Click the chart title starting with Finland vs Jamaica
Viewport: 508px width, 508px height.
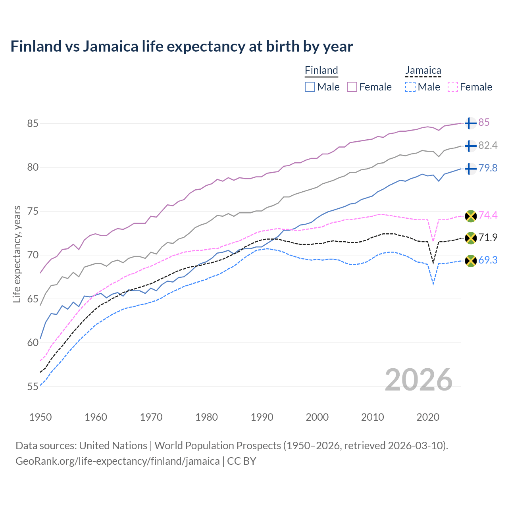[x=181, y=46]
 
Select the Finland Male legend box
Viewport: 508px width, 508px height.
[x=310, y=87]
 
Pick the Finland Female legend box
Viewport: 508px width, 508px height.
[x=352, y=87]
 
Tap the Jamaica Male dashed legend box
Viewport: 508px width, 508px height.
[x=410, y=87]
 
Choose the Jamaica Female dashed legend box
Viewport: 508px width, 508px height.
[x=453, y=87]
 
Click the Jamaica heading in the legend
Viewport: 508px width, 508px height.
[x=423, y=71]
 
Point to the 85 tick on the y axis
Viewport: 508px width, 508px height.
[x=33, y=123]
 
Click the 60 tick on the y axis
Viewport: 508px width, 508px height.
[x=33, y=343]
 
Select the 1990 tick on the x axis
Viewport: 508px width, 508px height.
[x=262, y=417]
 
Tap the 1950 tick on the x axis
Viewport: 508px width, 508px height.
[x=40, y=417]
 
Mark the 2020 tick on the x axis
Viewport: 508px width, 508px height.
[x=428, y=417]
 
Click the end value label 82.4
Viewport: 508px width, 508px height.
[x=488, y=146]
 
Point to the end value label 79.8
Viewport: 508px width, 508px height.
[x=488, y=168]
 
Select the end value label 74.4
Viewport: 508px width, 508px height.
[x=488, y=215]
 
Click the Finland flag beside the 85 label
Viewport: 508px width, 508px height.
[x=470, y=123]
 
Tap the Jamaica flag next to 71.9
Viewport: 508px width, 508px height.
[x=470, y=238]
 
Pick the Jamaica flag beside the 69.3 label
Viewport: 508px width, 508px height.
[x=470, y=261]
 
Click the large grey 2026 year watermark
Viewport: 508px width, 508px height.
[x=418, y=380]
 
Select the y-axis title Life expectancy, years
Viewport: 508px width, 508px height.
[x=17, y=254]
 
